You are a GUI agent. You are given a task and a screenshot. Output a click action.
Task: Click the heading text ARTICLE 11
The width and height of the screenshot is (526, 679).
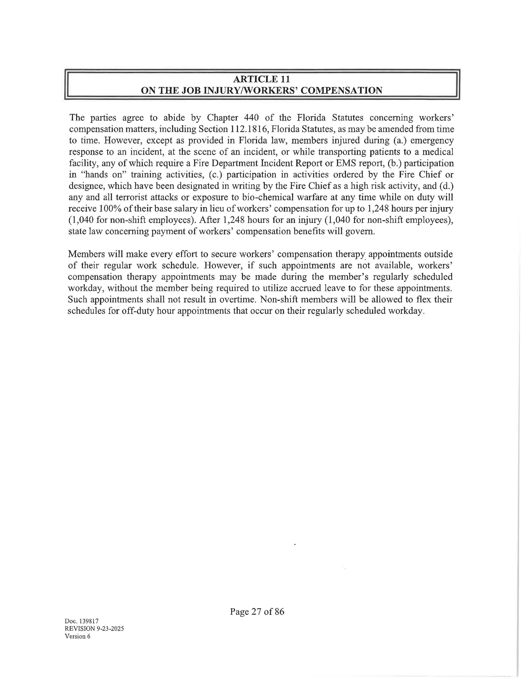[262, 79]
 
